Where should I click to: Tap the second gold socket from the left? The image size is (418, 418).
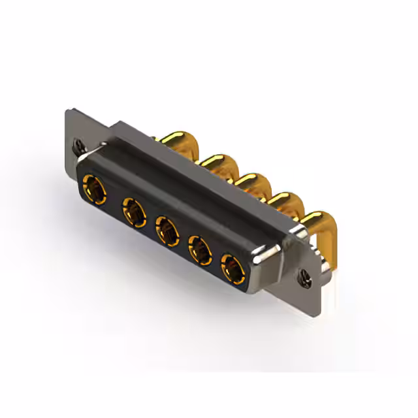tap(133, 213)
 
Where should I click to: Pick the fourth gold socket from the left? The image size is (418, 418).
tap(201, 249)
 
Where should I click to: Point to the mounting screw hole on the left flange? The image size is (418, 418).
tap(80, 144)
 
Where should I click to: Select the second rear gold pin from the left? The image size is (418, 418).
tap(217, 163)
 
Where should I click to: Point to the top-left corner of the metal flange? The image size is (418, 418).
tap(67, 111)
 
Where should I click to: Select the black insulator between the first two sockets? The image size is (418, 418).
tap(116, 202)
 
